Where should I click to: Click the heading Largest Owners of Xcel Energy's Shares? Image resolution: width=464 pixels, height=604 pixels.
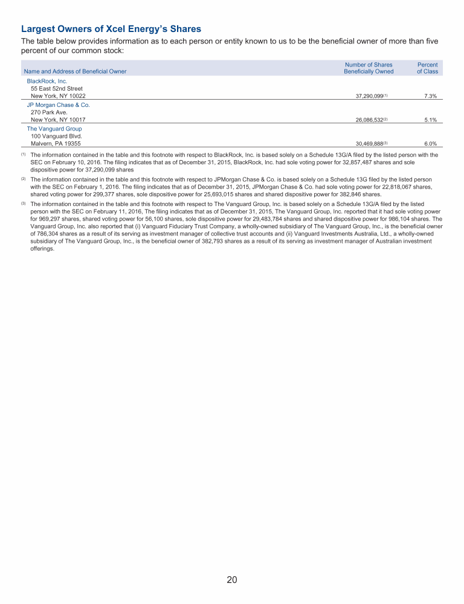tap(111, 29)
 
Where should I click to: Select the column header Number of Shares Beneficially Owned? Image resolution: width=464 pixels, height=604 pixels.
tap(369, 68)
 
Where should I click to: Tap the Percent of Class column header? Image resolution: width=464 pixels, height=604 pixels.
tap(427, 68)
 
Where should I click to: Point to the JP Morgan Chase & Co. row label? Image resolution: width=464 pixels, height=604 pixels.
tap(58, 105)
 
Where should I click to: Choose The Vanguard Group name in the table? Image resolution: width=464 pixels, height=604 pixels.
tap(54, 129)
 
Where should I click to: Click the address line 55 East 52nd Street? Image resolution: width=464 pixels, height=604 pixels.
tap(57, 89)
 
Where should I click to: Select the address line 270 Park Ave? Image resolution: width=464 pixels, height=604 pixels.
tap(48, 112)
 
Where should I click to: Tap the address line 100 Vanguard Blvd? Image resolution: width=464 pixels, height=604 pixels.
tap(56, 137)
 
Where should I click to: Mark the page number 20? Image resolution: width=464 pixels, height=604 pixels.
tap(232, 580)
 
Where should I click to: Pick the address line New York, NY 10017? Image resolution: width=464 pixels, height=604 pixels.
tap(58, 120)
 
